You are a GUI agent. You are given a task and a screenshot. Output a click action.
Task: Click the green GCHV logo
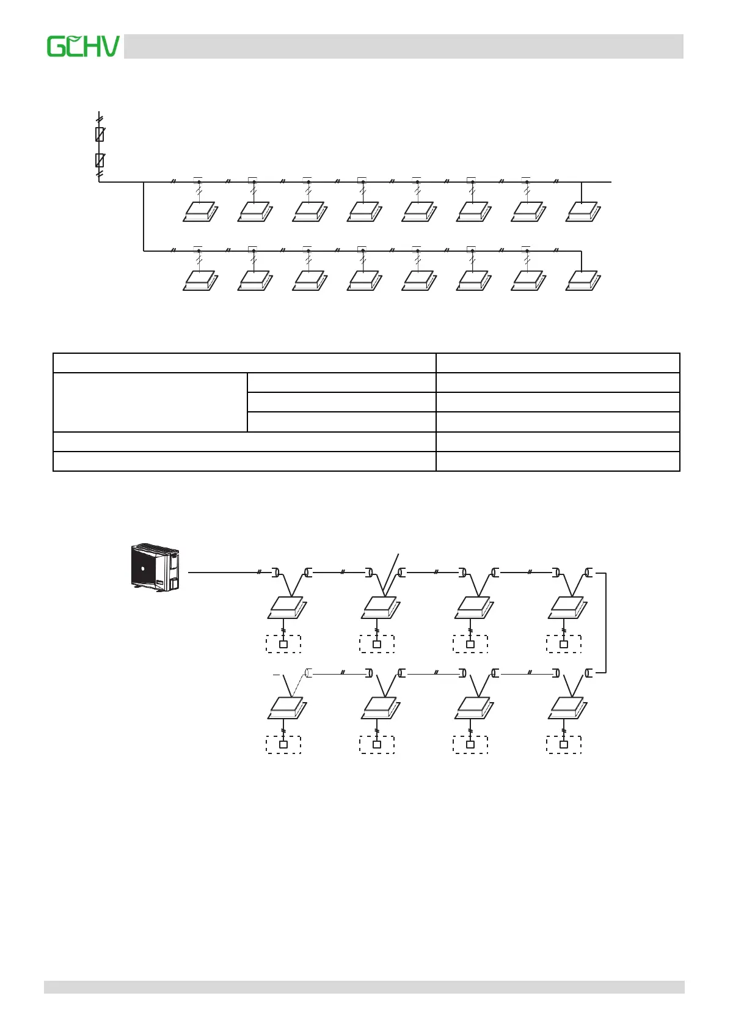point(84,46)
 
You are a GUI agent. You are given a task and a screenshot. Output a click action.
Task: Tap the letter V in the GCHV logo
point(109,47)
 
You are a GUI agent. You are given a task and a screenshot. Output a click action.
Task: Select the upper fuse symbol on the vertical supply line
point(100,134)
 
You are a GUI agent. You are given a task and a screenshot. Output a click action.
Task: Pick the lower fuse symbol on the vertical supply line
point(100,160)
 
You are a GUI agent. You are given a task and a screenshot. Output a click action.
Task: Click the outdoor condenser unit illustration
point(156,567)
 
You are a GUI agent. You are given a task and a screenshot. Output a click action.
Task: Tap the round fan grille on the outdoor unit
point(144,568)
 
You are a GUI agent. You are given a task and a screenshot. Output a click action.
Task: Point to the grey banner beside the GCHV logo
point(403,46)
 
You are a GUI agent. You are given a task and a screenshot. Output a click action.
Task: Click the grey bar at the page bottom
point(364,987)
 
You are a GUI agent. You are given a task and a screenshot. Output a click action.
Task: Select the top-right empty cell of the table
point(558,362)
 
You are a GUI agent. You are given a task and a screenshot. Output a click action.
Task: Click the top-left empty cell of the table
point(244,362)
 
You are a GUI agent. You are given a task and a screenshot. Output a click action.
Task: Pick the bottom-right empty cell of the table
point(558,461)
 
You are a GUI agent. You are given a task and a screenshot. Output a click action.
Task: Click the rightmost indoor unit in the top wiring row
point(583,213)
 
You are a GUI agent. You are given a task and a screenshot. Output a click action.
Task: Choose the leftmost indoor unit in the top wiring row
point(200,213)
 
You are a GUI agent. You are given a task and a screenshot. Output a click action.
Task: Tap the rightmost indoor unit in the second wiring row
point(583,282)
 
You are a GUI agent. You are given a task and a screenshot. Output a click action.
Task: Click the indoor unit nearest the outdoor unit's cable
point(287,607)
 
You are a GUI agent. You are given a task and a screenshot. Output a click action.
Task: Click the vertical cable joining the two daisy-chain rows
point(606,623)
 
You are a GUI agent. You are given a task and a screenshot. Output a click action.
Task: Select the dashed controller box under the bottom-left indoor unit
point(283,744)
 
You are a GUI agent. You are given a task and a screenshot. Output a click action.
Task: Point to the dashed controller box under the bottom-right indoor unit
point(564,744)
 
